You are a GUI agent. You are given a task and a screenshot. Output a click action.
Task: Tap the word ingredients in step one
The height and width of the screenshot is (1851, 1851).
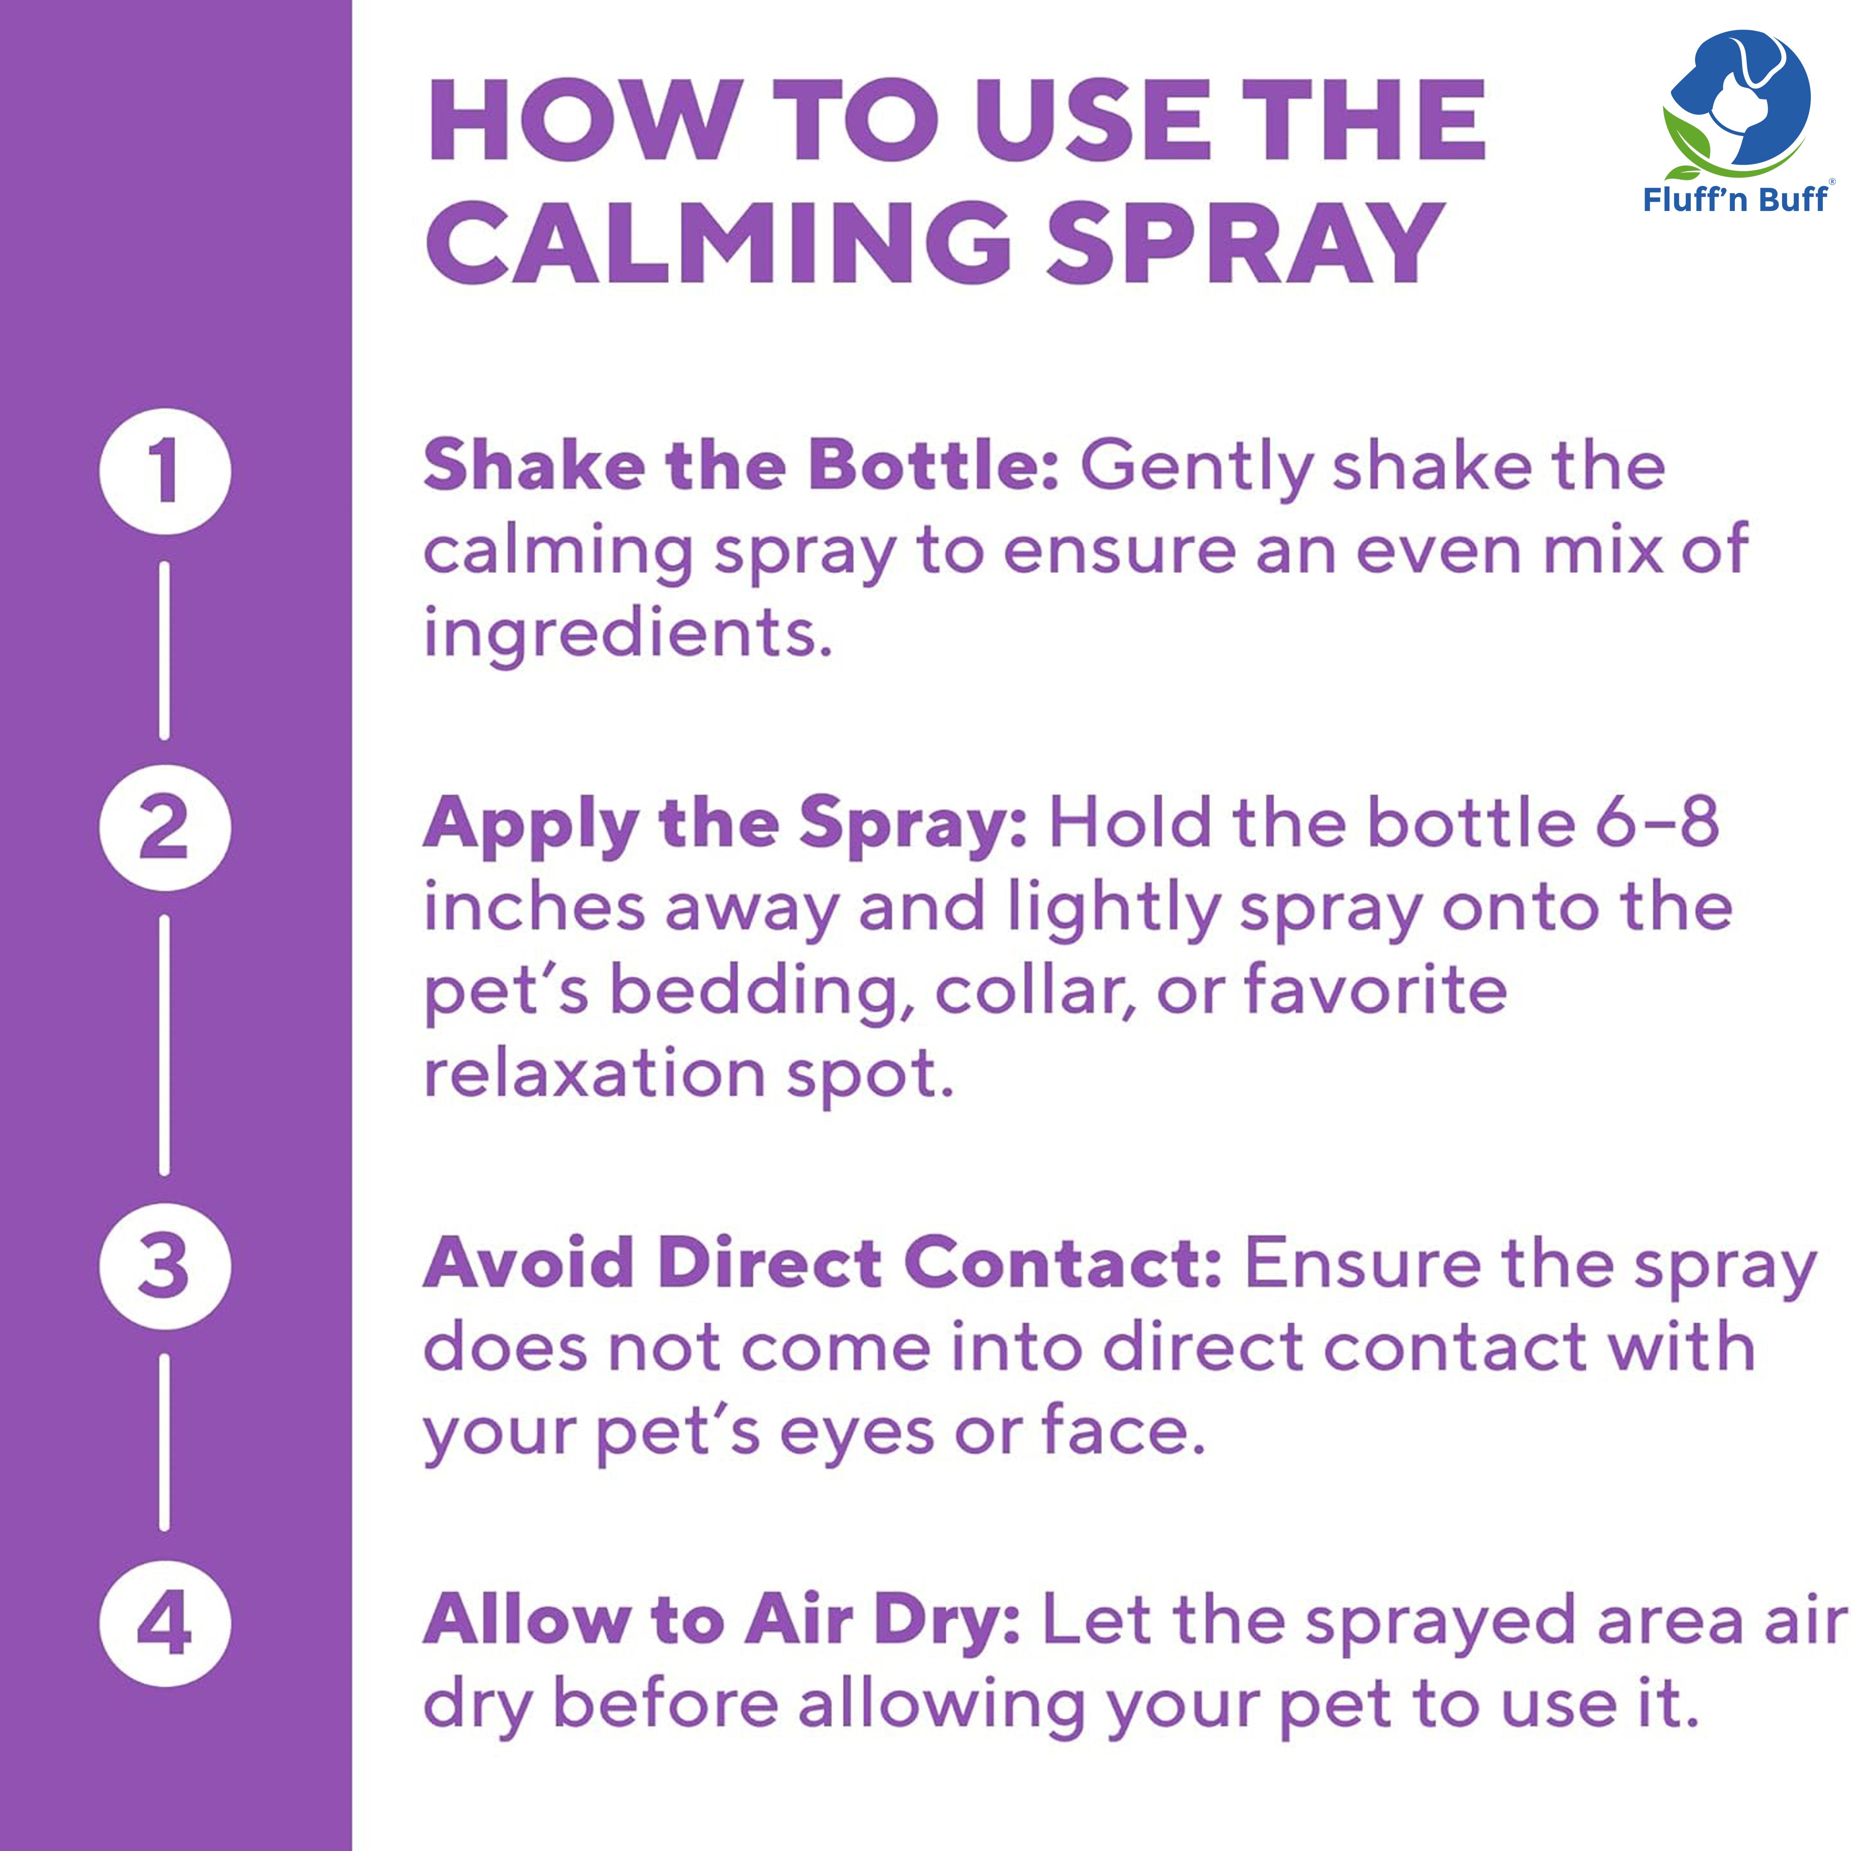tap(627, 634)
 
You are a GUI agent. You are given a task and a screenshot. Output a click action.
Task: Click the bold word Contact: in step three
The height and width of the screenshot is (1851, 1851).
tap(1063, 1264)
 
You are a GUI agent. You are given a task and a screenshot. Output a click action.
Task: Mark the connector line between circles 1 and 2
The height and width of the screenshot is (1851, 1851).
tap(165, 651)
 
